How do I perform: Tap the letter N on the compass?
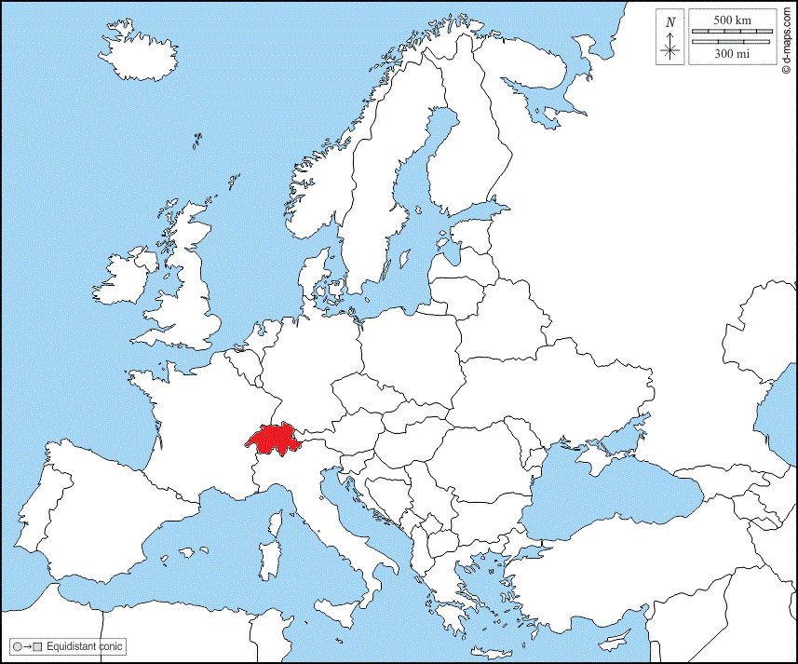tap(670, 22)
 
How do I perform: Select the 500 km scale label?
tap(731, 20)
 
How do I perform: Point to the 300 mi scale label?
tap(731, 54)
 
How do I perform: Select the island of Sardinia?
tap(272, 558)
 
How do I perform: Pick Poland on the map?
tap(410, 345)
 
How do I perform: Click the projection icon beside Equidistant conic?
tap(26, 646)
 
